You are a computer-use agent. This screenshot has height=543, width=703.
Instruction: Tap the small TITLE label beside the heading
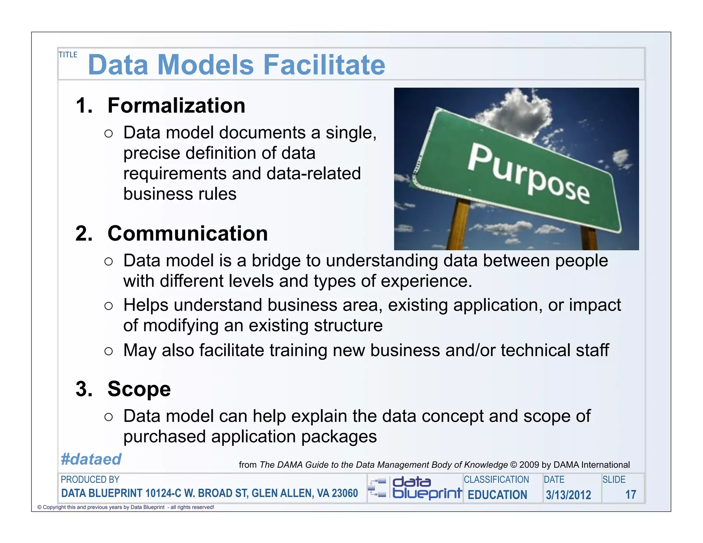(68, 55)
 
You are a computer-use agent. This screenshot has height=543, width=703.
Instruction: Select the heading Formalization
(176, 105)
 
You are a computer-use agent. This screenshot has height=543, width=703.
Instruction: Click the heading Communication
(187, 233)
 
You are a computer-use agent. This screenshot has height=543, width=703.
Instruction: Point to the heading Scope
(139, 389)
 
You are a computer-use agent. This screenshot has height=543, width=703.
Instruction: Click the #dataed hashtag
(91, 459)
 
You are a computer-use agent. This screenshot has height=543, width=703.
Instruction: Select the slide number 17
(631, 495)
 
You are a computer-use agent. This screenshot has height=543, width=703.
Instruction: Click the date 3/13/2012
(568, 495)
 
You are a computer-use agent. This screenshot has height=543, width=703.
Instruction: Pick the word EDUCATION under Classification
(497, 495)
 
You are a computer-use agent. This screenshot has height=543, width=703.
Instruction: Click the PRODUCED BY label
(90, 480)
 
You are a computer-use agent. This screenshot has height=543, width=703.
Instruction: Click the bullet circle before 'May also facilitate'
(108, 351)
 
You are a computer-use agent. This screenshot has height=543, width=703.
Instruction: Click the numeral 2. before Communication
(84, 233)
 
